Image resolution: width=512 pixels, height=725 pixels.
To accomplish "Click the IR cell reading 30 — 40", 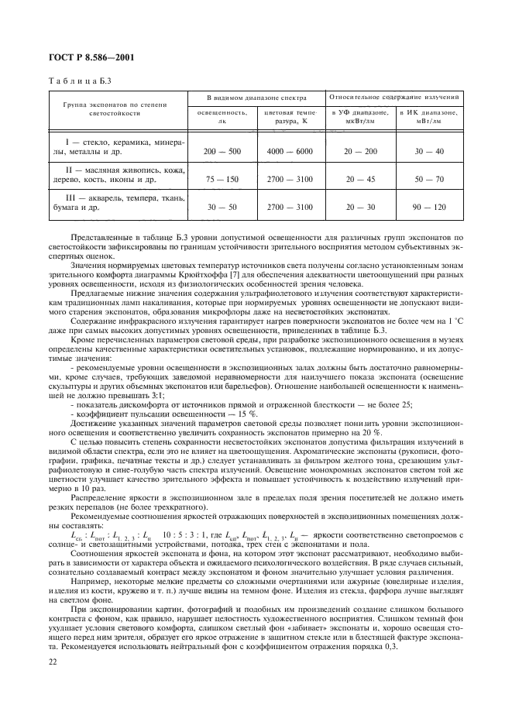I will (x=428, y=150).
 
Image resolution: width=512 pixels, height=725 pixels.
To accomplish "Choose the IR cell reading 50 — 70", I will (x=428, y=179).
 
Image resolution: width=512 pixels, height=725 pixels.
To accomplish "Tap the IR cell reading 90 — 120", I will (x=428, y=208).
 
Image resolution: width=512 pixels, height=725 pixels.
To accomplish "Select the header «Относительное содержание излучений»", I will (x=395, y=98).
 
